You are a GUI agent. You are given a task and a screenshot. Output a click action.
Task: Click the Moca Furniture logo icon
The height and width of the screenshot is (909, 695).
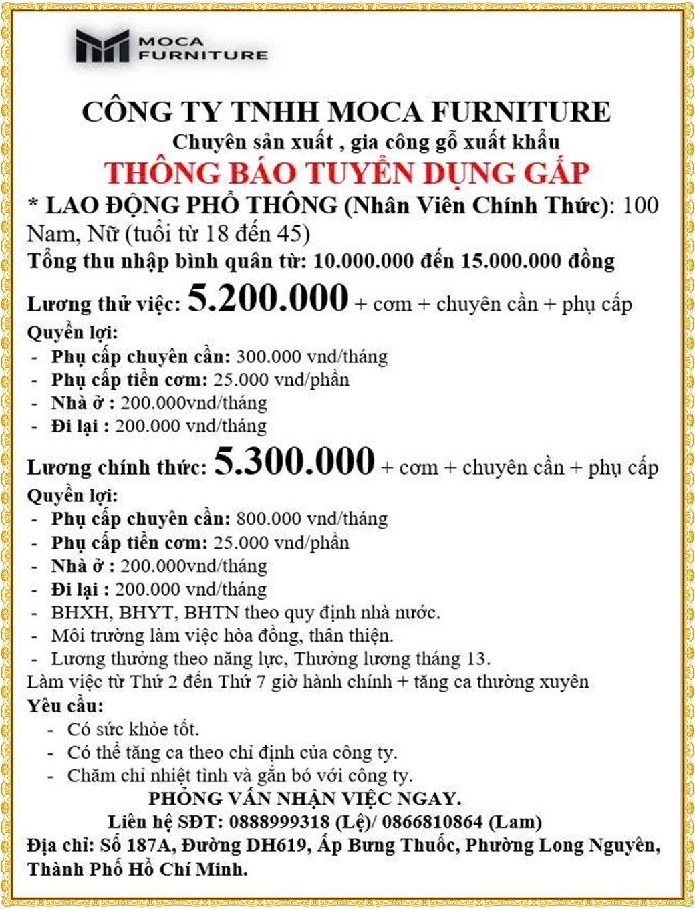tap(102, 46)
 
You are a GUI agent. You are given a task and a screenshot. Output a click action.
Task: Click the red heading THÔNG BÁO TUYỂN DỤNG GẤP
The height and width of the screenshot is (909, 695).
tap(347, 173)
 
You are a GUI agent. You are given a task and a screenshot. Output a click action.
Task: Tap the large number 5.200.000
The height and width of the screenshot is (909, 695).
tap(268, 298)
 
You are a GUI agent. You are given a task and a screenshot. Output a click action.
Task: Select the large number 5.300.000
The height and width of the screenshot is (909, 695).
tap(294, 461)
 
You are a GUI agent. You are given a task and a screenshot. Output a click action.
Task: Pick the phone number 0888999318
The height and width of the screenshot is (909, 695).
tap(279, 821)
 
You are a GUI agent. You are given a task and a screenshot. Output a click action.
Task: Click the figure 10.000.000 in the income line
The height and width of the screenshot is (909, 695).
tap(364, 261)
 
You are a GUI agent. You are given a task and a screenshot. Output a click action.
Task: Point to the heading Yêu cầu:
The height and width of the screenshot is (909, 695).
tap(65, 706)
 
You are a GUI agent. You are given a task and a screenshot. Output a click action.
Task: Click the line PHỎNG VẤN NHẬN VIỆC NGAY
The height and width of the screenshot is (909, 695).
tap(305, 798)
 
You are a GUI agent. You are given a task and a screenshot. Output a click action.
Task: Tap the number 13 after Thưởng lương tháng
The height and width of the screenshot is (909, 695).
tap(476, 658)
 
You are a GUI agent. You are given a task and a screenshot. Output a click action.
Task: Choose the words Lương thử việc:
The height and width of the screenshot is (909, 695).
tap(104, 305)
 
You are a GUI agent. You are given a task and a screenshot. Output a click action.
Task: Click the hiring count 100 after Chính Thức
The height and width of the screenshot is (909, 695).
tap(640, 205)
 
